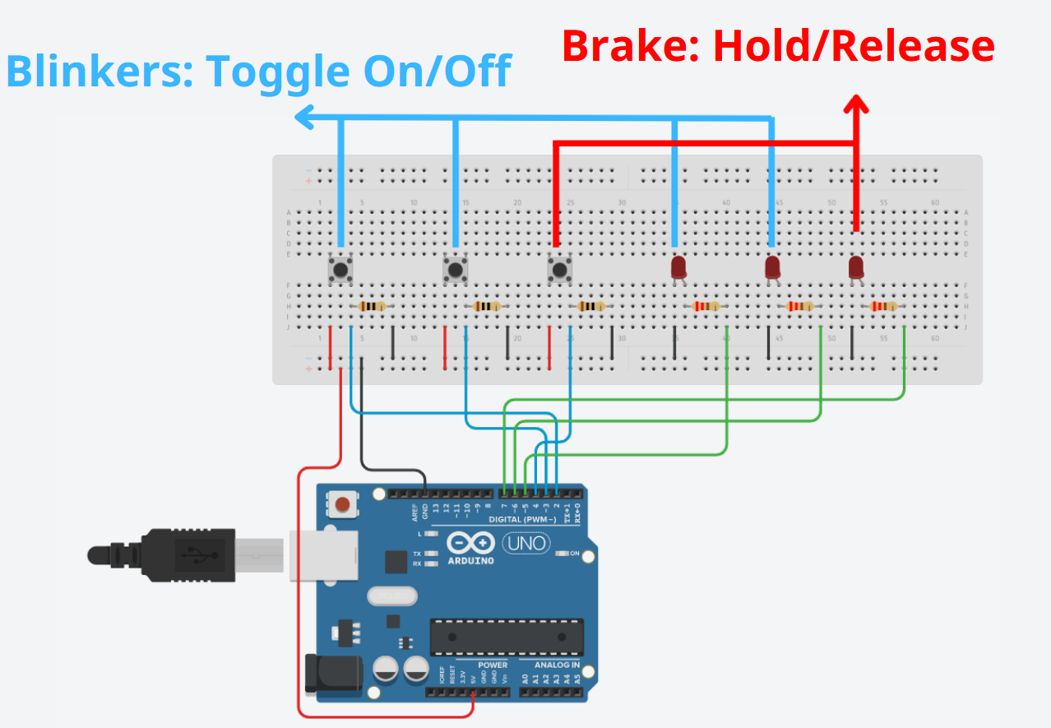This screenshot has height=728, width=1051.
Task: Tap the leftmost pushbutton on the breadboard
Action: pos(340,268)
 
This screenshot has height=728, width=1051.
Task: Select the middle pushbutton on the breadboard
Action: pos(455,268)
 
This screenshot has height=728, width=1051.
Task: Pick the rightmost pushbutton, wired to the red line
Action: pos(559,268)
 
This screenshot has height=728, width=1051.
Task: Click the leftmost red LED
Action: pos(678,267)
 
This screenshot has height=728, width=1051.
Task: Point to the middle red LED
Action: pos(772,267)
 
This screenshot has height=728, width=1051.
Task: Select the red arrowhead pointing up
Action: pos(857,104)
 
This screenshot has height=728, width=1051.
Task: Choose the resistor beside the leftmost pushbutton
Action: pos(373,307)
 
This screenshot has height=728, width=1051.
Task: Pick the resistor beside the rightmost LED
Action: pos(883,307)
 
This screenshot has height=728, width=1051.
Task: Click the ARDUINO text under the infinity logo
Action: pos(470,561)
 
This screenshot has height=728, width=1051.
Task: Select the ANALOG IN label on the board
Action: pos(557,665)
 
